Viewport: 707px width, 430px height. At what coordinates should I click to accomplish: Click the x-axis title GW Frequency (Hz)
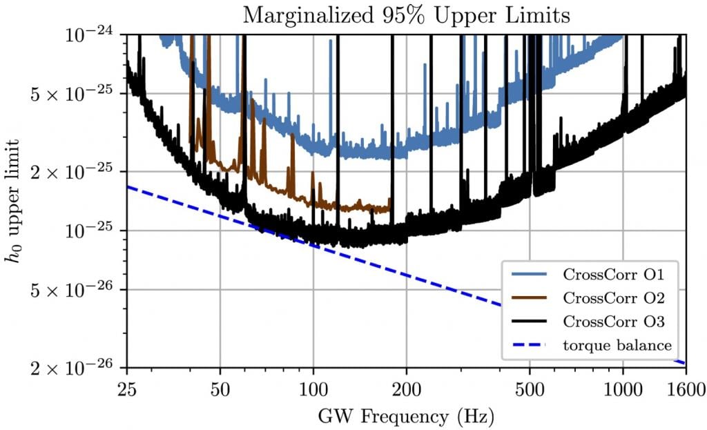coord(406,416)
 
